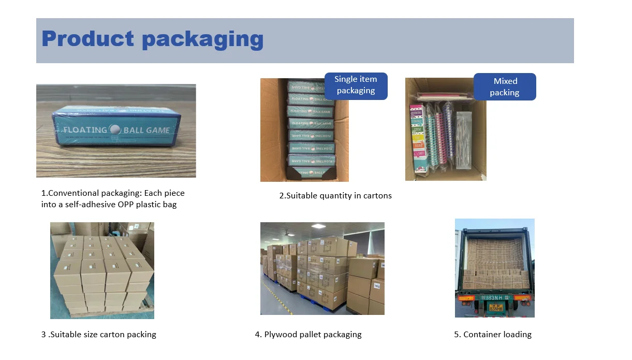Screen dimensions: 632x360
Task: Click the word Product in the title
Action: tap(87, 39)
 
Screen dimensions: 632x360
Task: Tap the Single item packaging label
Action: tap(356, 85)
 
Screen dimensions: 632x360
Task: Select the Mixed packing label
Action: tap(505, 87)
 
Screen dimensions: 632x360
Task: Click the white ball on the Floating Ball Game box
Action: tap(114, 130)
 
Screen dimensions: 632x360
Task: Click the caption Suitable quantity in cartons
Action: tap(335, 196)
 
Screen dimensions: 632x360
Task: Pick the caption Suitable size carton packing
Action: tap(98, 335)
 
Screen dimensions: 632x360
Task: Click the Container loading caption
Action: tap(493, 335)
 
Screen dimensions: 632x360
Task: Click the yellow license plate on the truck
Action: tap(495, 307)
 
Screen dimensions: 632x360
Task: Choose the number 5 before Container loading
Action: tap(457, 335)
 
